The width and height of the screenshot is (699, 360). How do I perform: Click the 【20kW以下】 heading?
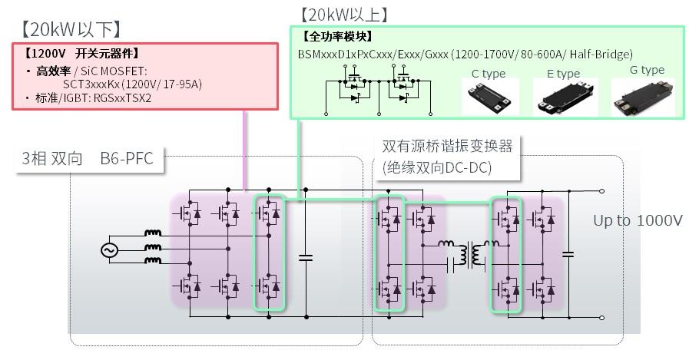click(70, 29)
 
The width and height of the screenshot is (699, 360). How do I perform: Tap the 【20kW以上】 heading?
click(344, 14)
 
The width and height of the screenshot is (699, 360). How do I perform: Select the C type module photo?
click(490, 97)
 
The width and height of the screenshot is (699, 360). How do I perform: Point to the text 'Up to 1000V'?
click(638, 221)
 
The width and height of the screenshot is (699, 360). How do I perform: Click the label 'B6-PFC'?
click(127, 159)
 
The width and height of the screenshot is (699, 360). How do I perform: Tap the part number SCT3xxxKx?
click(93, 84)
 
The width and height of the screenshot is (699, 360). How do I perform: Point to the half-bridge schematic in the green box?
click(374, 91)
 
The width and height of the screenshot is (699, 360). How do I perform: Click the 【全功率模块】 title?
click(339, 36)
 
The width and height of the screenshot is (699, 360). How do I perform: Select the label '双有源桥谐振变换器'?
click(446, 146)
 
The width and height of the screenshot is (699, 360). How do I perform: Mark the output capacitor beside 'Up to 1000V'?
click(568, 253)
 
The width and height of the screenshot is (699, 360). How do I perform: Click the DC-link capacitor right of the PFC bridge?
click(306, 256)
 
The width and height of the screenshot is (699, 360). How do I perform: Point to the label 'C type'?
click(488, 74)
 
